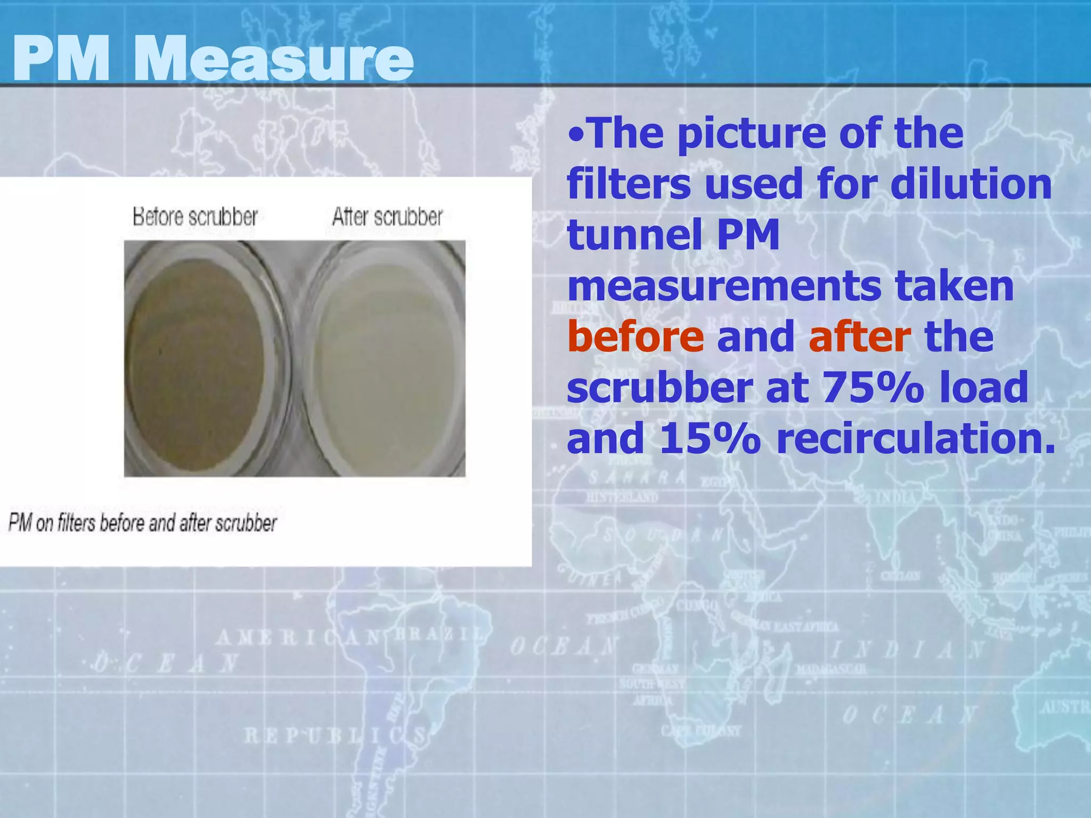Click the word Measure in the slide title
point(273,59)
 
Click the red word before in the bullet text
point(635,337)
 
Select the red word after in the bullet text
point(859,337)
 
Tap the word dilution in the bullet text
point(971,184)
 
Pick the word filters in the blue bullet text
point(629,184)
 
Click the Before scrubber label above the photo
point(195,217)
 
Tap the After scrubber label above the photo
point(387,217)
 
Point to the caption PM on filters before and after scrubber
point(143,523)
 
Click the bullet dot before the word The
point(576,134)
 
